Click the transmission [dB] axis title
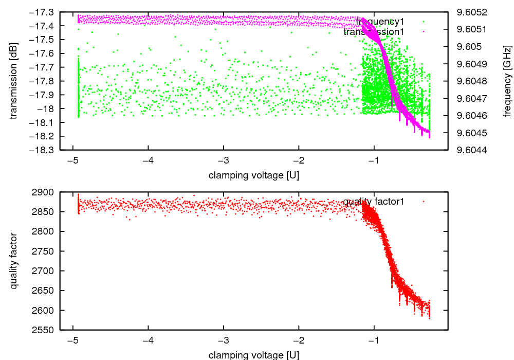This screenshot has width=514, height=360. pos(14,81)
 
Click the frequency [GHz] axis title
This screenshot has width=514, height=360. pos(507,81)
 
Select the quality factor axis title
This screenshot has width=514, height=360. pos(14,261)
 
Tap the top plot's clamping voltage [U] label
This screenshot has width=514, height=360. pos(254,175)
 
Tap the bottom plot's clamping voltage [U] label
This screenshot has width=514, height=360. pos(254,355)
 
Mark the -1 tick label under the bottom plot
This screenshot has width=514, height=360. pos(374,340)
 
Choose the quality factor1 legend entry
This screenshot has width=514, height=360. pos(374,202)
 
